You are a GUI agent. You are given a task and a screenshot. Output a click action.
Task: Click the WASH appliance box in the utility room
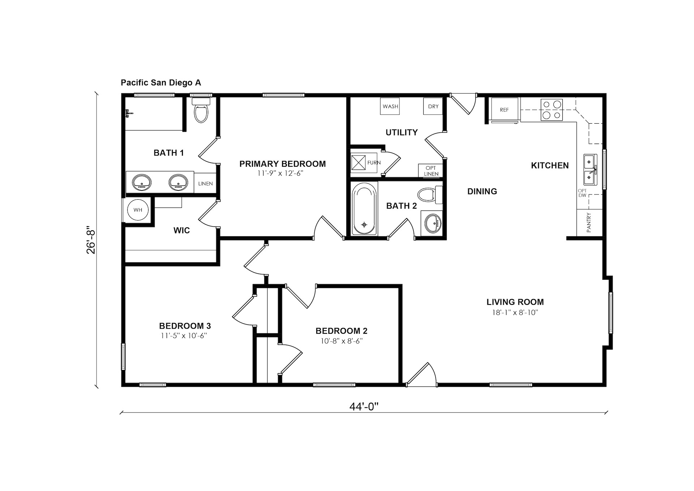(390, 106)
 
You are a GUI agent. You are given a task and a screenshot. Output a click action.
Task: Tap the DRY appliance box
(433, 106)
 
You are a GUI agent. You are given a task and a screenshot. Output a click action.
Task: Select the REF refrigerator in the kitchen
(504, 110)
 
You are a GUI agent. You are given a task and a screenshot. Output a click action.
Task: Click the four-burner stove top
(552, 110)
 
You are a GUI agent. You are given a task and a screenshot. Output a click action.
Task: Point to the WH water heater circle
(138, 210)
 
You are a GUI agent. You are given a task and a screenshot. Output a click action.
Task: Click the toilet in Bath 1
(201, 110)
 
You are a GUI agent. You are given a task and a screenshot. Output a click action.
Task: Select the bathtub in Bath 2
(364, 209)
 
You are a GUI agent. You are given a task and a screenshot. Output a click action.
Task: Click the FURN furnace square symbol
(359, 162)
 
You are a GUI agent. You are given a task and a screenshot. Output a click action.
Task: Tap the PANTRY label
(589, 222)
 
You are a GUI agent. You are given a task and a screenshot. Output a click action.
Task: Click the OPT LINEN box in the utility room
(431, 171)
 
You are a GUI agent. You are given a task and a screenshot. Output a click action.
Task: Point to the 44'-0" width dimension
(364, 407)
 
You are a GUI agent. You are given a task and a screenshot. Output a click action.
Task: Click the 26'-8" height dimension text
(91, 240)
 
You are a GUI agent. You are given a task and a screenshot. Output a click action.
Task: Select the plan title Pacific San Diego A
(161, 83)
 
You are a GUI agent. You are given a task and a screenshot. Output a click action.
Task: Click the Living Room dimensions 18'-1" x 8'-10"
(515, 312)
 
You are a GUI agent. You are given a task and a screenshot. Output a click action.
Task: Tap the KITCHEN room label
(550, 166)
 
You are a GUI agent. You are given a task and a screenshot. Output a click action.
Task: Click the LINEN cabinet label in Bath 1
(205, 184)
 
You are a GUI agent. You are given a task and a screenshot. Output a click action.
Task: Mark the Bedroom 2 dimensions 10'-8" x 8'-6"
(342, 341)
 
